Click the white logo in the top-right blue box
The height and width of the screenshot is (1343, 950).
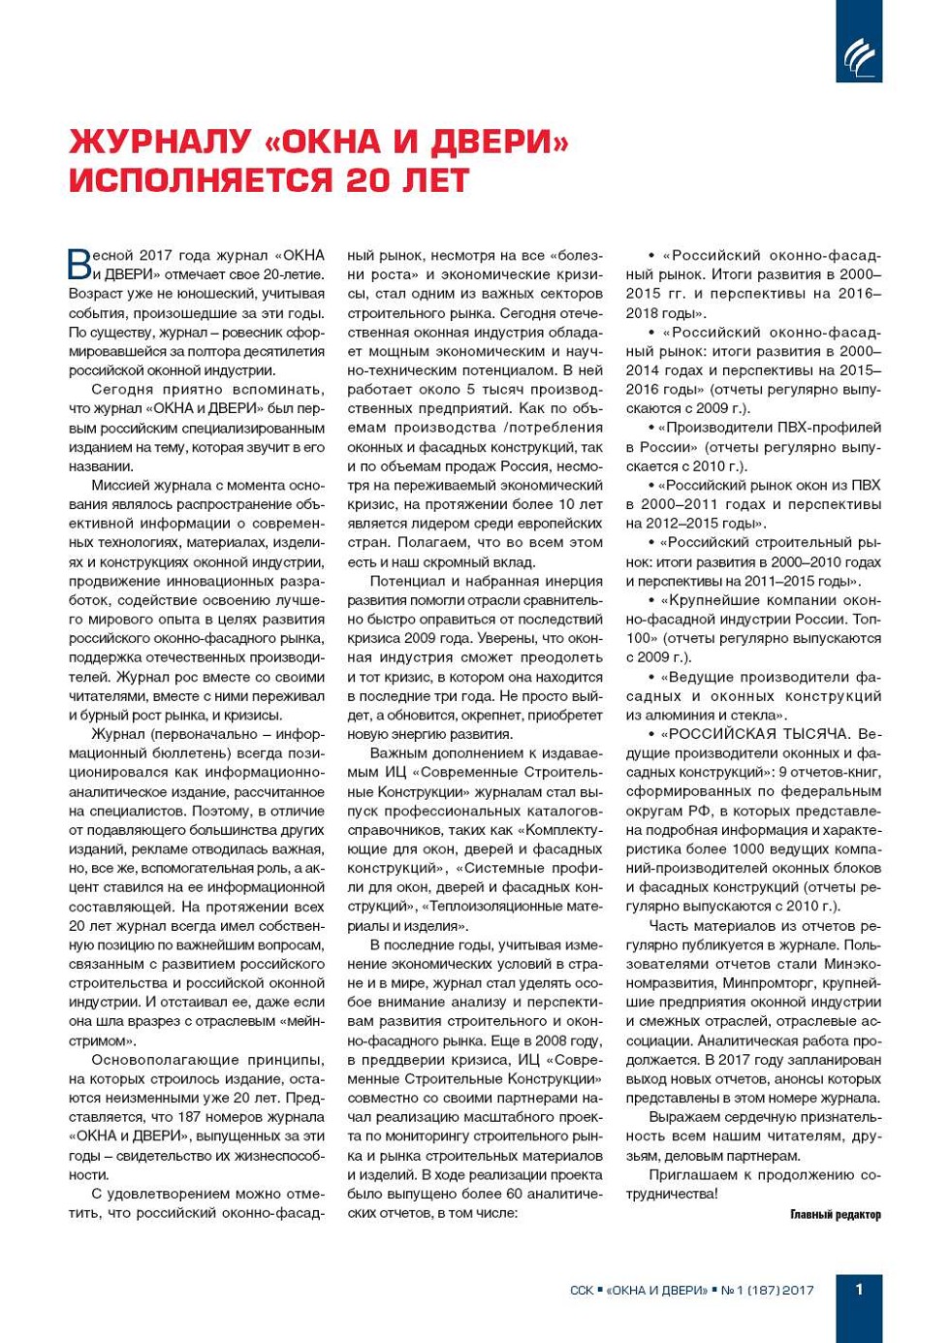click(x=858, y=57)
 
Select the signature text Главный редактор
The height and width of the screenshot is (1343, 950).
click(x=835, y=1214)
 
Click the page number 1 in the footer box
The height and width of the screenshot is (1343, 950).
click(x=859, y=1289)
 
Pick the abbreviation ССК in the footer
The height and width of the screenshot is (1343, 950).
click(x=582, y=1291)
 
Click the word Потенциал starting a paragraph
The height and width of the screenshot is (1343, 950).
click(x=405, y=582)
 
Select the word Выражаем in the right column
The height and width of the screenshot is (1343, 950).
click(x=688, y=1117)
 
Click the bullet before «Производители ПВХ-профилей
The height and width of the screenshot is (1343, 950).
click(x=651, y=428)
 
